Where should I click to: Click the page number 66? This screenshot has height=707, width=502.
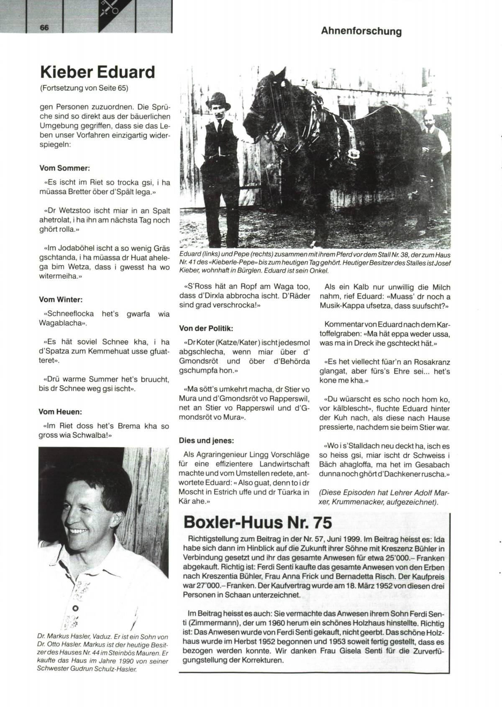(x=45, y=27)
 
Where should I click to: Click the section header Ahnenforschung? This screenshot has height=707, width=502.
(x=361, y=31)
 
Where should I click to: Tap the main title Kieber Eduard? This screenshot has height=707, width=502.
(x=97, y=72)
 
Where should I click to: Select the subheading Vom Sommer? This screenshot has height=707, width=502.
(x=64, y=168)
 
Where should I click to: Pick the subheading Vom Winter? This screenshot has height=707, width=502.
(x=61, y=300)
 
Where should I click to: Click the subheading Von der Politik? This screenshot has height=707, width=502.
(x=206, y=328)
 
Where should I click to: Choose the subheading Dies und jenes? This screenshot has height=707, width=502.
(x=206, y=441)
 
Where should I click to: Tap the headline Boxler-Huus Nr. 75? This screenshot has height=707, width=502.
(x=258, y=523)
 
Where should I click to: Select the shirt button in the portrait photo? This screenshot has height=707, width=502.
(x=76, y=607)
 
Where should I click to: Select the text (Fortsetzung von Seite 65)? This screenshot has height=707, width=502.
(x=84, y=88)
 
